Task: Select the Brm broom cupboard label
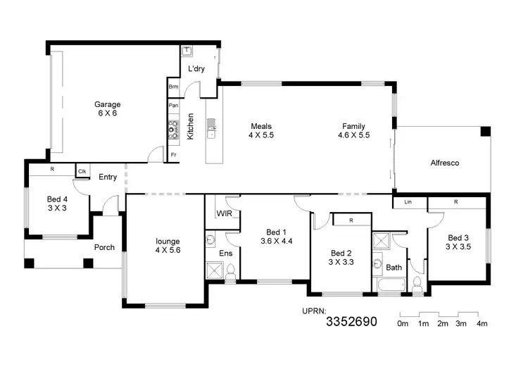(x=173, y=87)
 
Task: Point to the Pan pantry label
(x=173, y=106)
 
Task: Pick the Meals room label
(x=260, y=127)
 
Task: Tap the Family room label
(x=353, y=127)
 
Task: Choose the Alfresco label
(x=444, y=163)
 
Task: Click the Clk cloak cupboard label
(x=82, y=171)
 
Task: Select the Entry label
(x=108, y=177)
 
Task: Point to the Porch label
(x=105, y=247)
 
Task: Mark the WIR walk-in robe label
(x=224, y=213)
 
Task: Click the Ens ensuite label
(x=225, y=252)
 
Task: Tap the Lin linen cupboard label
(x=408, y=202)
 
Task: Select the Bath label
(x=394, y=268)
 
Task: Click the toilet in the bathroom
(x=417, y=285)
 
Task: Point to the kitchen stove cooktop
(x=173, y=130)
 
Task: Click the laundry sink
(x=188, y=51)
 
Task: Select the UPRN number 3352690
(x=351, y=323)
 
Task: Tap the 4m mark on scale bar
(x=482, y=323)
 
